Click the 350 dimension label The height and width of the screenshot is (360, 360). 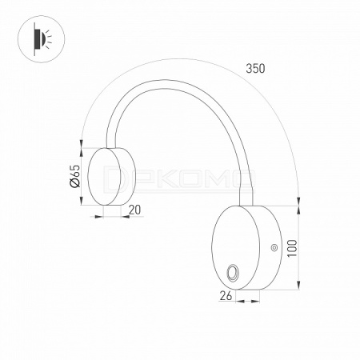[255, 69]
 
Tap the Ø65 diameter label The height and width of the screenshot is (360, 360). [74, 176]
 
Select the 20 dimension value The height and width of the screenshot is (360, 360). [134, 210]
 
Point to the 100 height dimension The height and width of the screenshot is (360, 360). [293, 248]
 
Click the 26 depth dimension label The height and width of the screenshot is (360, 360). [226, 296]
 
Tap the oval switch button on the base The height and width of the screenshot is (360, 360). [232, 273]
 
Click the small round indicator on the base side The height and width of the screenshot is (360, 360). [274, 248]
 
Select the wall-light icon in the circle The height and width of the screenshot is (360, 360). [42, 39]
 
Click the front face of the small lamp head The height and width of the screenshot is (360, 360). [104, 177]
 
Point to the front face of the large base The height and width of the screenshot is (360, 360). [235, 247]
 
